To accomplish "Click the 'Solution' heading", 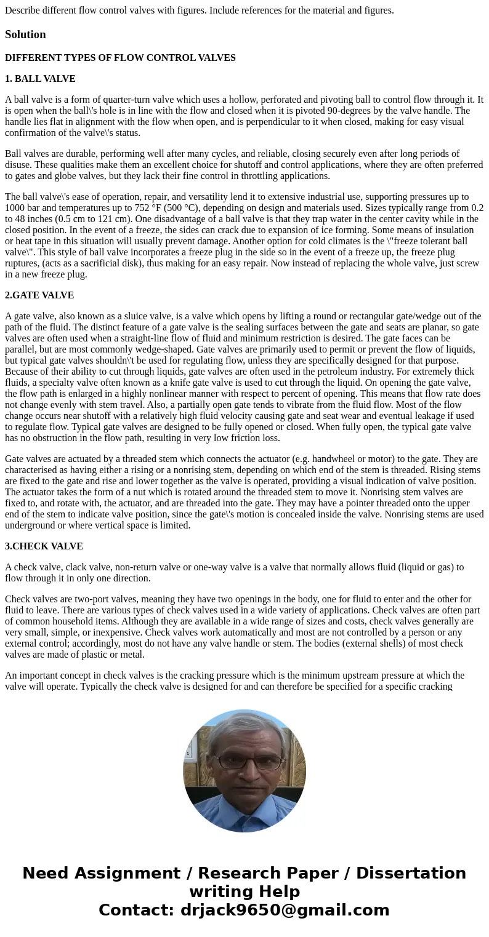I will tap(25, 34).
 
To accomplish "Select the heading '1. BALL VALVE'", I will tap(40, 79).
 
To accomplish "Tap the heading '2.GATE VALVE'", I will tap(39, 295).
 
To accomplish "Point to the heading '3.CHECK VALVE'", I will tap(44, 546).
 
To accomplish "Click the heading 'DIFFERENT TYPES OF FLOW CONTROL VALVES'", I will tap(120, 58).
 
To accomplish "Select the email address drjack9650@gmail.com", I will tap(285, 911).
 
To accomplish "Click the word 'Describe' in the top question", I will tap(23, 10).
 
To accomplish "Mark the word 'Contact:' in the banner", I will tap(136, 911).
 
